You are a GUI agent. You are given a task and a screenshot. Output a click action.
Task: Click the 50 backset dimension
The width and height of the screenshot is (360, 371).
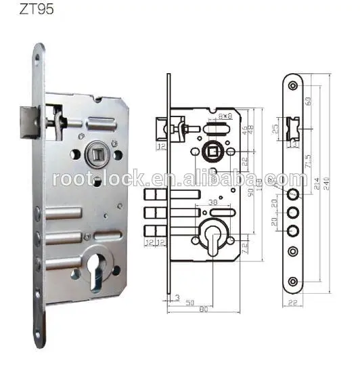pos(191,301)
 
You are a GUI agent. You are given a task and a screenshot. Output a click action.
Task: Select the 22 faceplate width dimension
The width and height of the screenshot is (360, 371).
pos(292,303)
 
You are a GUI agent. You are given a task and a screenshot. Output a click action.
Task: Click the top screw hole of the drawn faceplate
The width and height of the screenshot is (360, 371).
pos(292,86)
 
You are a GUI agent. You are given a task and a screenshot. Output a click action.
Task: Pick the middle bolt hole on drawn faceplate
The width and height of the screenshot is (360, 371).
pos(292,212)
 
